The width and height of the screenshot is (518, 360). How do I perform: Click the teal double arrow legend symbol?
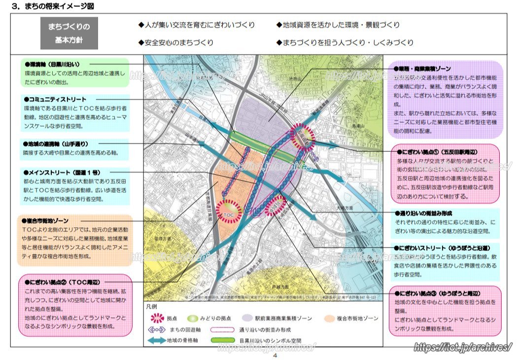click(x=156, y=341)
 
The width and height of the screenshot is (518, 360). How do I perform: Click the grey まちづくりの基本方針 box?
click(x=69, y=33)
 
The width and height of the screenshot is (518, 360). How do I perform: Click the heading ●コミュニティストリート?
click(x=55, y=99)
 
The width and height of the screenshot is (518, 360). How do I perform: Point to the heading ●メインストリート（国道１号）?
click(x=62, y=173)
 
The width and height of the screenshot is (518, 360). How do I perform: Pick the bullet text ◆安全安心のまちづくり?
click(x=176, y=42)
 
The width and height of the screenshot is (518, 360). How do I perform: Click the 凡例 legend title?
click(x=153, y=306)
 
